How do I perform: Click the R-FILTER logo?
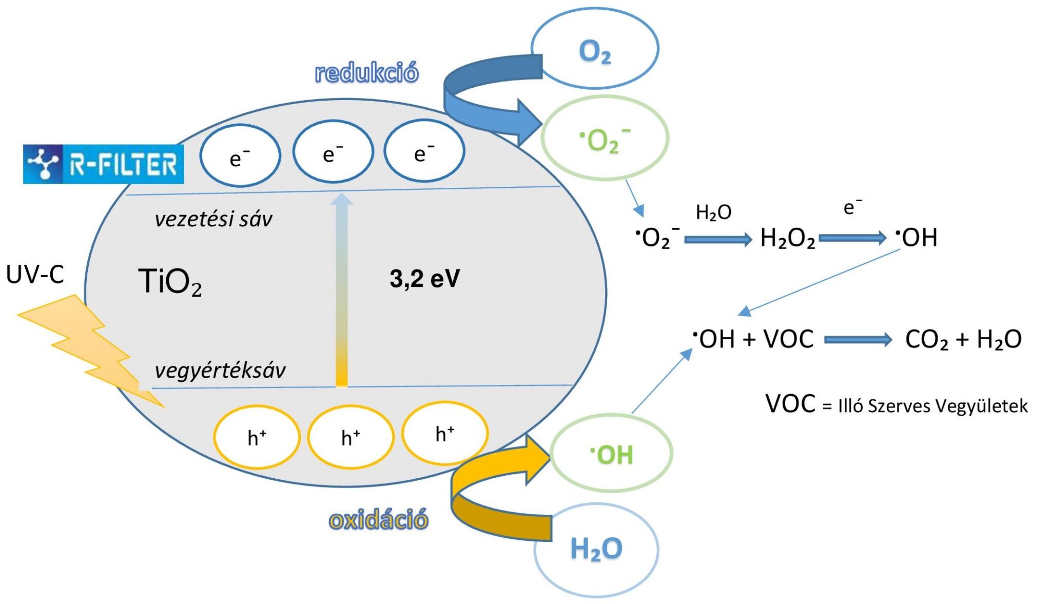coord(103,164)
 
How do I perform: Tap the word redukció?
coord(366,72)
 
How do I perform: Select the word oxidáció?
coord(378,520)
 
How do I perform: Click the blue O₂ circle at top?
coord(595,48)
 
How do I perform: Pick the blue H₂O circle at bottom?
coord(596,549)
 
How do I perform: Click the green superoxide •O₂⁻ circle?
coord(605,138)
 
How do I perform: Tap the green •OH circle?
coord(611,454)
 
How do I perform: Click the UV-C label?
coord(35,275)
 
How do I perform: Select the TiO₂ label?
coord(170,282)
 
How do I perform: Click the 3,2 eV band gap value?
coord(424,279)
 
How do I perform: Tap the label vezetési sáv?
coord(213,219)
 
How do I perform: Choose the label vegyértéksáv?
coord(220,370)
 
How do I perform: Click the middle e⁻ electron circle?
coord(333,152)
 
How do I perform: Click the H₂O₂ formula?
coord(787,238)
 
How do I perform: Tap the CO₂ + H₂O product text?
coord(963,339)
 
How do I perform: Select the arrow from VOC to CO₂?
coord(858,339)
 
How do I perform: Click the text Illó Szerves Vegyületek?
coord(932,406)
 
